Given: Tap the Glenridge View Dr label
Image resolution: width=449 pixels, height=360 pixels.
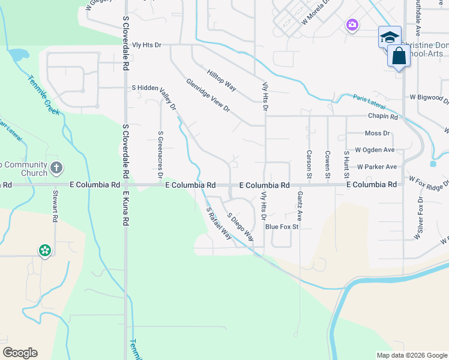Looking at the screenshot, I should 208,95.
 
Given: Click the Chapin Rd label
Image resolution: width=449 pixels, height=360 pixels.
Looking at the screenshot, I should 384,116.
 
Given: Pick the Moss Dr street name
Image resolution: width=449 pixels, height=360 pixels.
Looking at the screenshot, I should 377,133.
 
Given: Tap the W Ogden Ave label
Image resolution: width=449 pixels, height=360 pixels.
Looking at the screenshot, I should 375,150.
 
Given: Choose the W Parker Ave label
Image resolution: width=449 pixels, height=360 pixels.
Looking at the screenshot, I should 376,167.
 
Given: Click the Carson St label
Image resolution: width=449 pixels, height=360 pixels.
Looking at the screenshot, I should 309,164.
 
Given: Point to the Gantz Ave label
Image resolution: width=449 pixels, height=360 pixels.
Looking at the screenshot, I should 298,206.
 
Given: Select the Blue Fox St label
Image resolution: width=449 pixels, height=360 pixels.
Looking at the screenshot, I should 282,227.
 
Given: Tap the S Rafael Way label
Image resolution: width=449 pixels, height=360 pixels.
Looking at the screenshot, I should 219,223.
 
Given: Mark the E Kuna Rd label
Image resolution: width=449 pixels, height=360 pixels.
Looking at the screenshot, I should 125,208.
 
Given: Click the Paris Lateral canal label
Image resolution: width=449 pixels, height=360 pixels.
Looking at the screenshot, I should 367,100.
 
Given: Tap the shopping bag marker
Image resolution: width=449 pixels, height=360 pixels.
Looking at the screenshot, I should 399,57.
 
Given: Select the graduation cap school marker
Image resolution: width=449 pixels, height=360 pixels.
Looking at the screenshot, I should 390,37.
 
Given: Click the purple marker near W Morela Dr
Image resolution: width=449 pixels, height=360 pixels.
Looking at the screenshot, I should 352,25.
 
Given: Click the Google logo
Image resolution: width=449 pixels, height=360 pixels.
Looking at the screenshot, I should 20,353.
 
